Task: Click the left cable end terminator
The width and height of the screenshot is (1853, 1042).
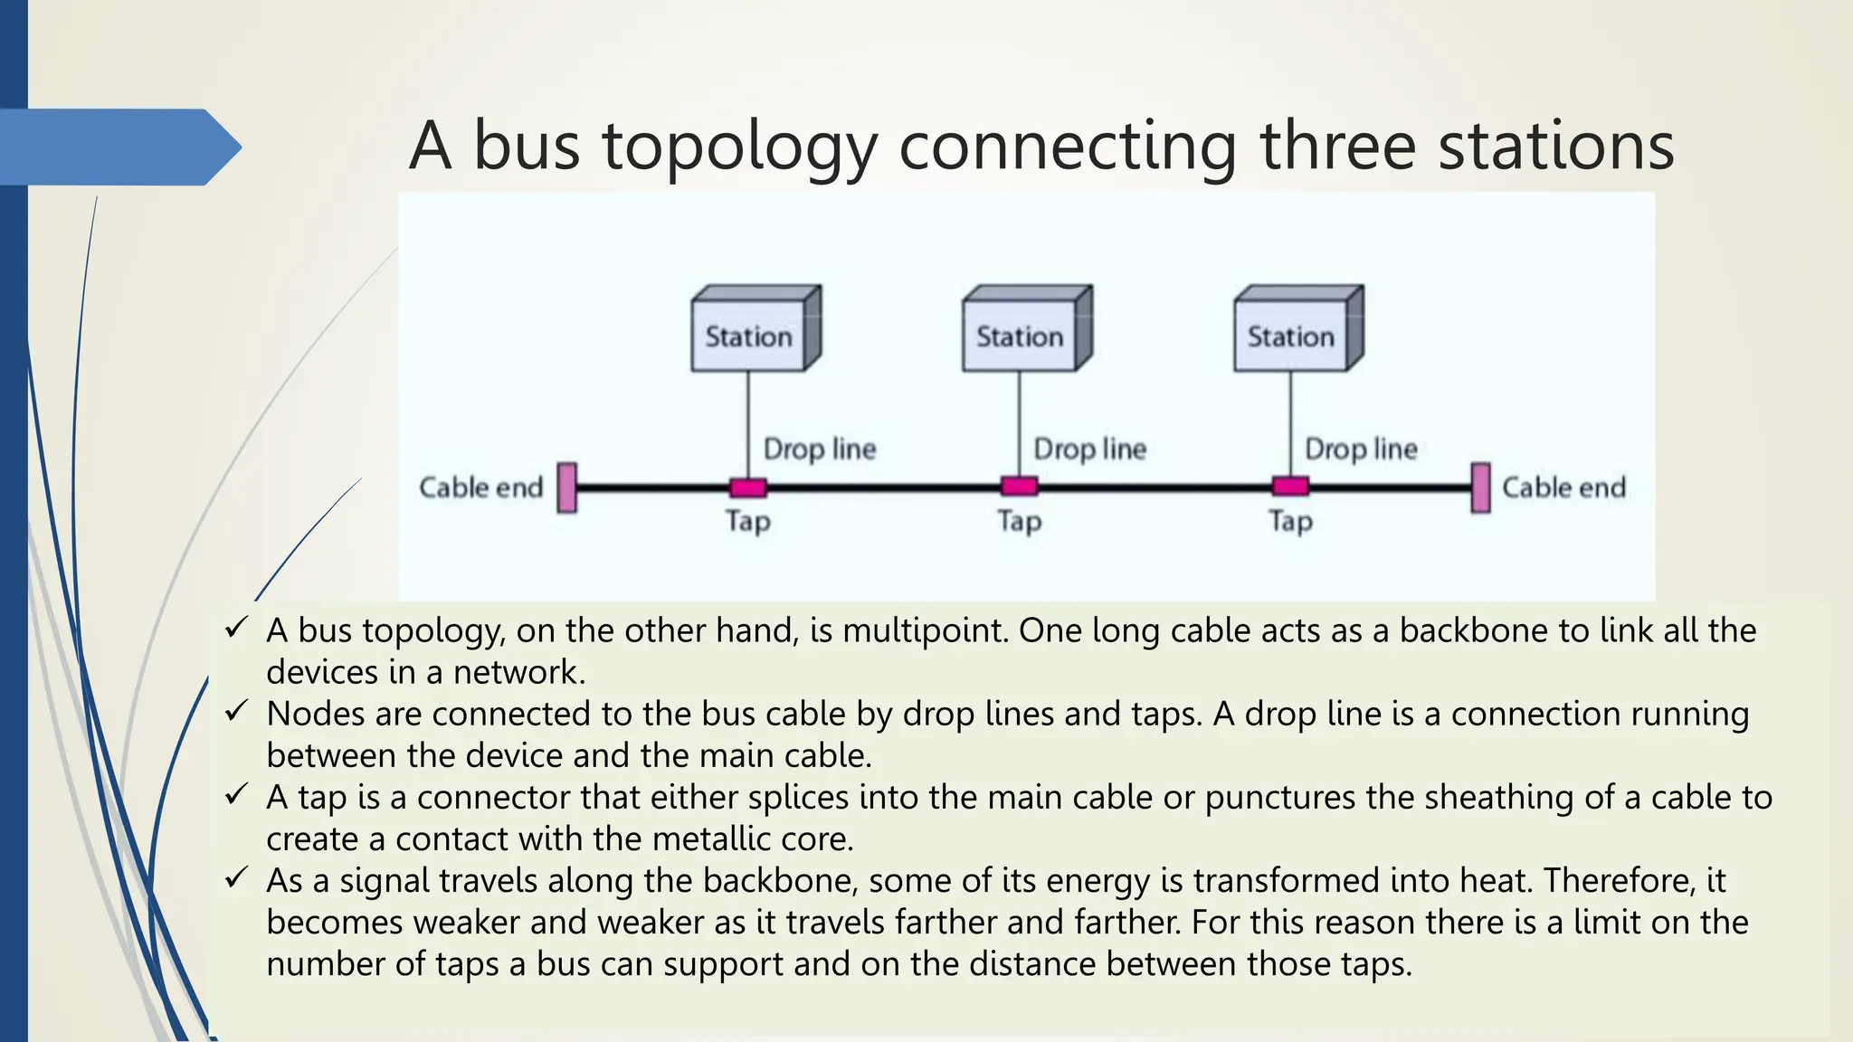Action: click(567, 488)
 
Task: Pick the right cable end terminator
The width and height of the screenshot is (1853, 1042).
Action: click(1481, 488)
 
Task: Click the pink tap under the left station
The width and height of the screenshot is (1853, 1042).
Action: click(748, 488)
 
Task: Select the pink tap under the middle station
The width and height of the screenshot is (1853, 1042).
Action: click(1020, 487)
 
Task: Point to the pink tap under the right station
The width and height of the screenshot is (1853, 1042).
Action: click(1290, 487)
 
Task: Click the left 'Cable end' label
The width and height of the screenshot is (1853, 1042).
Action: click(480, 488)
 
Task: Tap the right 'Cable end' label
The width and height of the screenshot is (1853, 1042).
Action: click(1563, 488)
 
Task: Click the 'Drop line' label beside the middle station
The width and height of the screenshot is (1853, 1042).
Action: click(1090, 449)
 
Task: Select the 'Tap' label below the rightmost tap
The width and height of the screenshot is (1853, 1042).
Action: click(1290, 522)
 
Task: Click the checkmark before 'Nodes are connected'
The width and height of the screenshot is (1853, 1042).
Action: click(236, 712)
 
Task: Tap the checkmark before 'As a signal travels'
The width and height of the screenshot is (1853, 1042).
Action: click(236, 878)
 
